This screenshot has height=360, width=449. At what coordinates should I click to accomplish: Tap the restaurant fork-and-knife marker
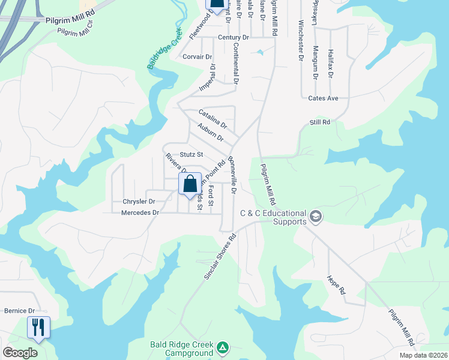pos(38,328)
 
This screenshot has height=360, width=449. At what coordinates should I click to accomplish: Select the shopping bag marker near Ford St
pos(190,184)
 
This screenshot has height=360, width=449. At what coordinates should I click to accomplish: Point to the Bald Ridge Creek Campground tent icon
pos(223,347)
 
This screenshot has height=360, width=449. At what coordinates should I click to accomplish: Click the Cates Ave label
pos(324,98)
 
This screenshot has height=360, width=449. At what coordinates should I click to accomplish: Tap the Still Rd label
pos(320,122)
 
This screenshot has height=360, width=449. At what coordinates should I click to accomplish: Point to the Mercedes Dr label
pos(140,212)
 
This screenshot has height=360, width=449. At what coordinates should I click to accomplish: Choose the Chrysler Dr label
pos(139,202)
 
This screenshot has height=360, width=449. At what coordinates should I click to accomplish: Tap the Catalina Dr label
pos(213,118)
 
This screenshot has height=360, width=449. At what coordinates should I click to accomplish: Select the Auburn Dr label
pos(210,132)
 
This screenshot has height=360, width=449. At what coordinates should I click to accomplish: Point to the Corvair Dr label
pos(197,57)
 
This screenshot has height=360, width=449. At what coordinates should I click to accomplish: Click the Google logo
pos(20,352)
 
